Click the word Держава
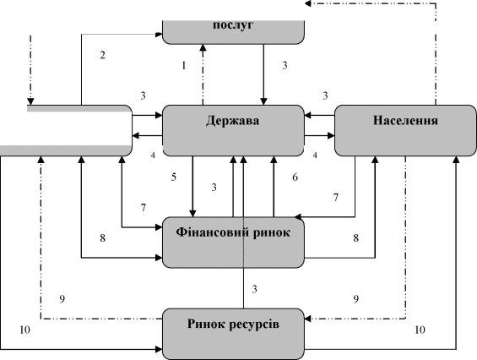tap(232, 121)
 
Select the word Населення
tap(405, 120)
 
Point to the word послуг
tap(233, 25)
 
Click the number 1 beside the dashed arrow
tap(183, 65)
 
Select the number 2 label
tap(102, 55)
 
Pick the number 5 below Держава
tap(174, 177)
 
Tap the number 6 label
tap(295, 177)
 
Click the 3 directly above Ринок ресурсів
tap(255, 289)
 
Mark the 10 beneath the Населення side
tap(420, 330)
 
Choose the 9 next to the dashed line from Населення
tap(356, 299)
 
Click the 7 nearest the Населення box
tap(335, 198)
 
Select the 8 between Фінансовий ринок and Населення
tap(356, 237)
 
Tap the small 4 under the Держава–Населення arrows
tap(315, 155)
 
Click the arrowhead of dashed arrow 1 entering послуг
tap(203, 47)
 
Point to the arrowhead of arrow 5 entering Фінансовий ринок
tap(192, 214)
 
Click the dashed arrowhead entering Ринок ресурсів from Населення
tap(308, 319)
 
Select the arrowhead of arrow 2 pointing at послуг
tap(159, 35)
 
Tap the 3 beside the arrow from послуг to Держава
tap(285, 65)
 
